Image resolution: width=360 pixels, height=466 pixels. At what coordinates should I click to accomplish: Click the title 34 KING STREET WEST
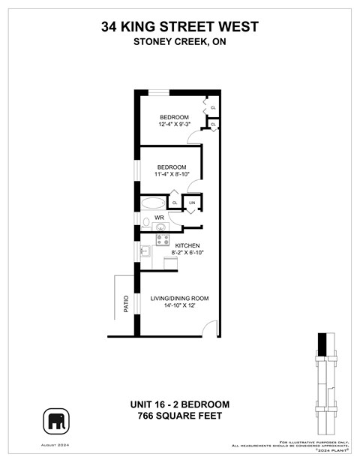click(x=179, y=27)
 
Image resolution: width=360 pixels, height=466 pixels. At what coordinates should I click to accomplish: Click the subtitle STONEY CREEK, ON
click(x=179, y=42)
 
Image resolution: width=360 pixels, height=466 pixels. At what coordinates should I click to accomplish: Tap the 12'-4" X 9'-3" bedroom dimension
click(x=175, y=125)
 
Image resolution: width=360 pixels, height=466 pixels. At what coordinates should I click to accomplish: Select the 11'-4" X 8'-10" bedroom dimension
click(x=173, y=174)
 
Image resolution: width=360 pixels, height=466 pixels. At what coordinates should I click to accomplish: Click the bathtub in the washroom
click(x=153, y=203)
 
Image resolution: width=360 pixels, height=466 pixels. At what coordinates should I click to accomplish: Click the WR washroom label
click(x=160, y=218)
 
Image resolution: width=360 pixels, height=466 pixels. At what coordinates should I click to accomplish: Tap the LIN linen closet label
click(x=192, y=203)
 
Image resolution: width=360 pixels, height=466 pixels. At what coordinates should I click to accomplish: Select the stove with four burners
click(x=162, y=240)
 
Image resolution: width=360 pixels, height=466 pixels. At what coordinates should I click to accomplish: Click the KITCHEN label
click(x=187, y=245)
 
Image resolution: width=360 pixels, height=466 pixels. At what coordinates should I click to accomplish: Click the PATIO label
click(x=126, y=304)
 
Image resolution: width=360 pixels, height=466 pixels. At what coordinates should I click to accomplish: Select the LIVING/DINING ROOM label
click(x=179, y=299)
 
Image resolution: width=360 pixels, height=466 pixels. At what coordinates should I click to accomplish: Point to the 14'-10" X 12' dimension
click(x=179, y=307)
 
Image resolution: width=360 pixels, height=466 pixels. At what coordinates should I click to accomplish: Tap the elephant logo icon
click(x=55, y=422)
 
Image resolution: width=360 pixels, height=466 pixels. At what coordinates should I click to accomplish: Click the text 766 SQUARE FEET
click(x=179, y=416)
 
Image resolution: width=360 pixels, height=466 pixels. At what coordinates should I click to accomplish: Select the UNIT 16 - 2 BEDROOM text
click(x=179, y=404)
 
